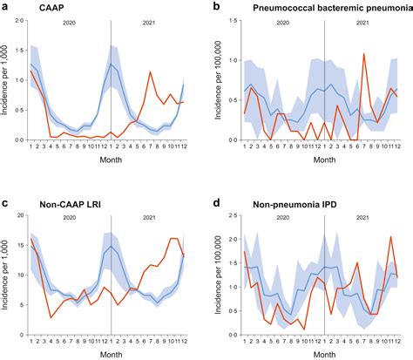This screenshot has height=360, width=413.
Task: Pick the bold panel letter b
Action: (x=216, y=7)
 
